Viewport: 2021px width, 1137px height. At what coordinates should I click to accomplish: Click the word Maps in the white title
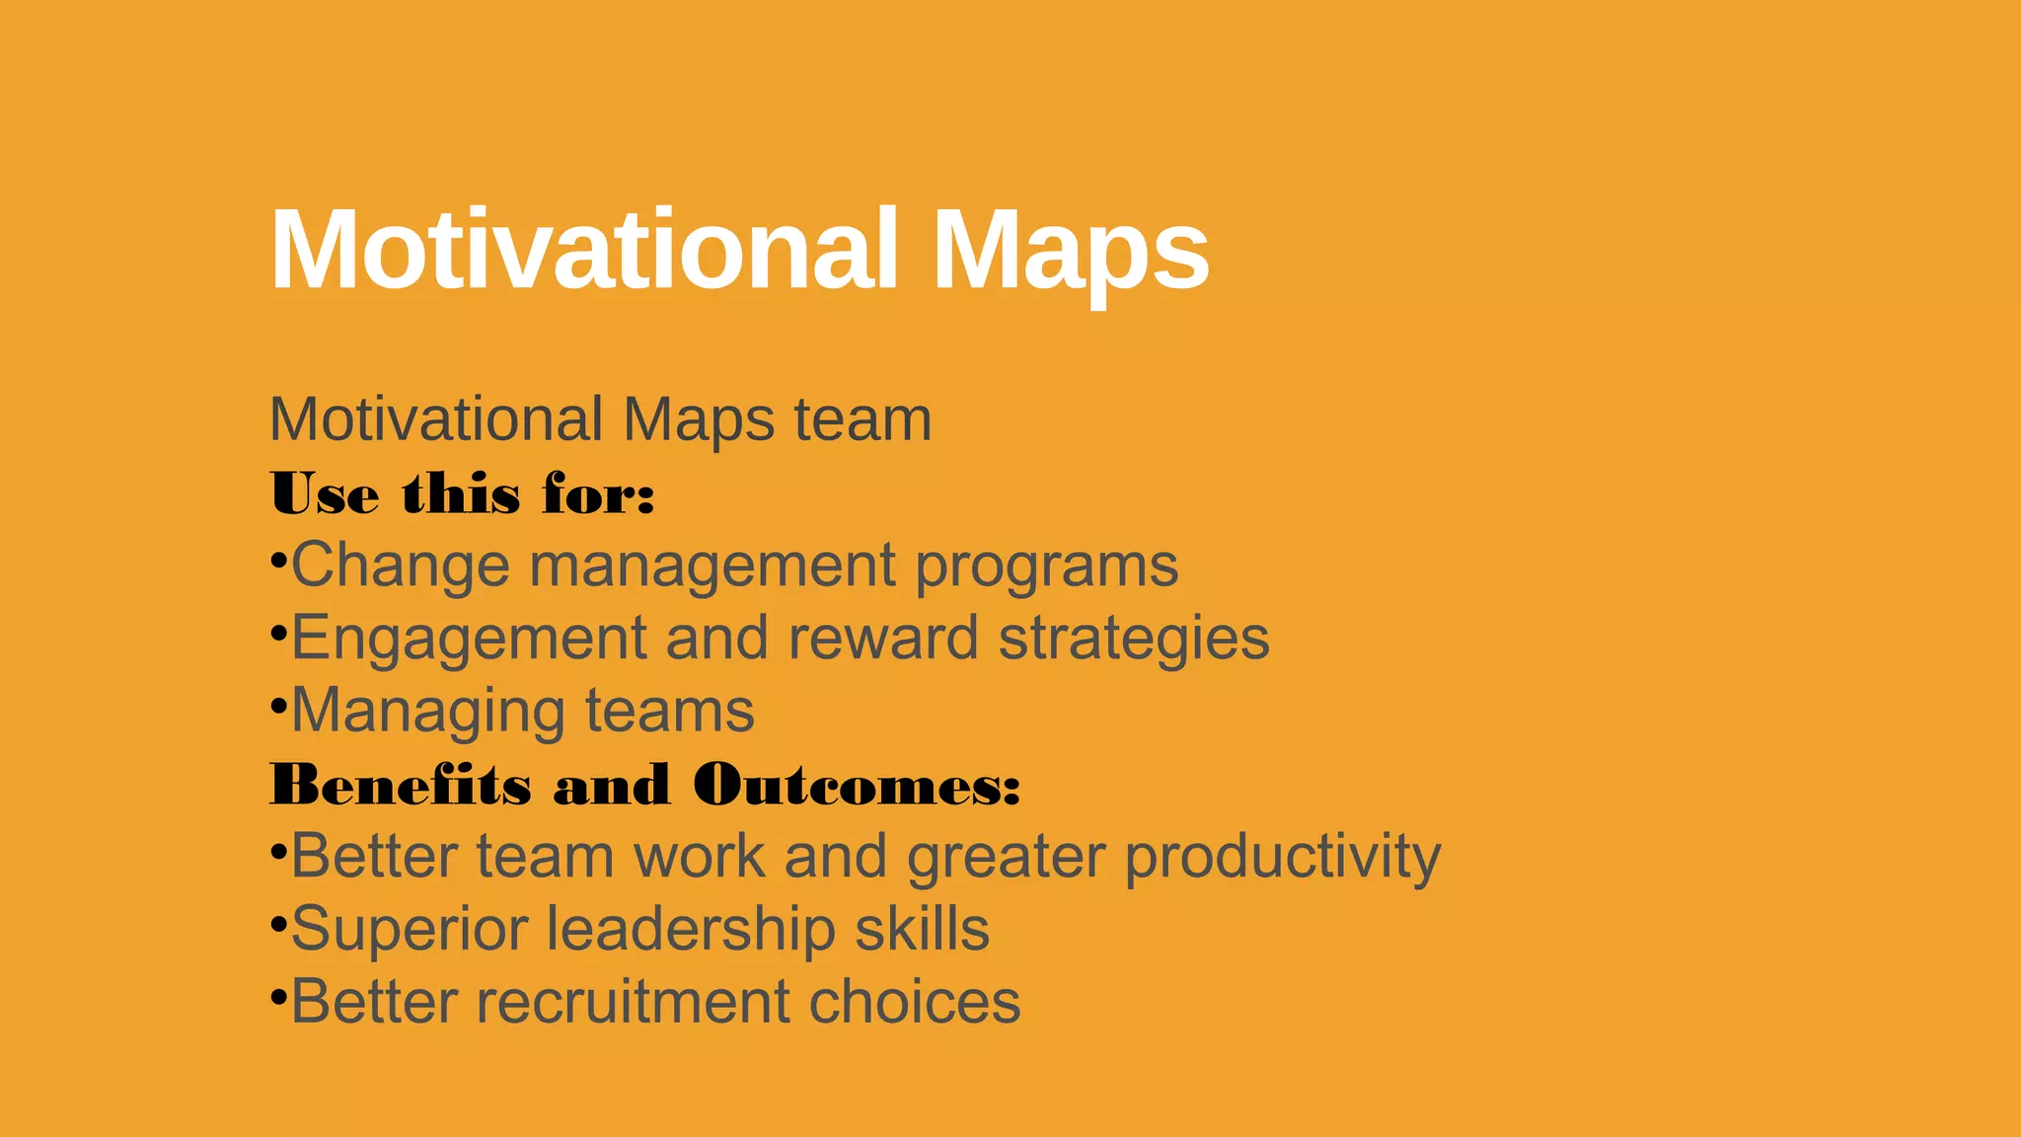[x=1070, y=251]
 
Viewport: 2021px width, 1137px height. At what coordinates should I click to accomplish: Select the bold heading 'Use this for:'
[x=462, y=493]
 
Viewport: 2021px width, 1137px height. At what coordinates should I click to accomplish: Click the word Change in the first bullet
[x=401, y=566]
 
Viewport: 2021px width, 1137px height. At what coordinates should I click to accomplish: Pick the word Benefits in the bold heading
[x=401, y=786]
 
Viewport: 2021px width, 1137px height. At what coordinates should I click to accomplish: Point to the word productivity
[x=1283, y=857]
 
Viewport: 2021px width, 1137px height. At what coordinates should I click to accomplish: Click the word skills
[x=922, y=929]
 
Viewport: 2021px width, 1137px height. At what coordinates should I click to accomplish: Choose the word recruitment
[x=633, y=1002]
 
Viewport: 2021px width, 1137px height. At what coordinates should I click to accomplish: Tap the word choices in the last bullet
[x=915, y=1002]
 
